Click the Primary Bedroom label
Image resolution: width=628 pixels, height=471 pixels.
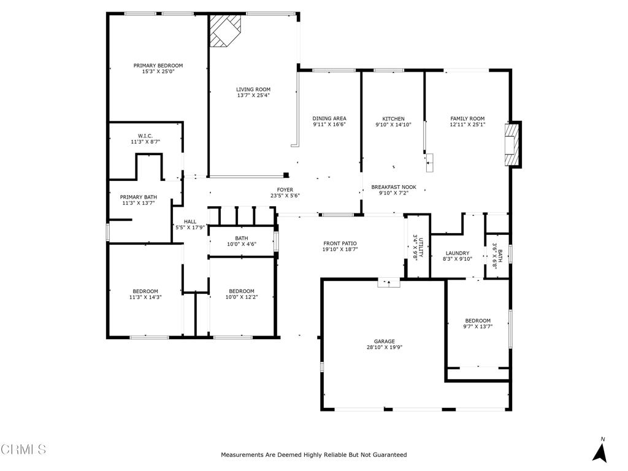(x=158, y=66)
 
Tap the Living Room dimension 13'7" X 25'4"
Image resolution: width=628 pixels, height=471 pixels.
(x=253, y=96)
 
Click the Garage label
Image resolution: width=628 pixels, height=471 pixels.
(x=385, y=342)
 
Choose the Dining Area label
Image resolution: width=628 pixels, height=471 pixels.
(x=329, y=118)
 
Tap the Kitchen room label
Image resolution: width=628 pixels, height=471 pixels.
(x=393, y=118)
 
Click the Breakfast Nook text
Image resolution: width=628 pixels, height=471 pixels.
(x=394, y=187)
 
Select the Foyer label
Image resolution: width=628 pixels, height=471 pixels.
(x=285, y=190)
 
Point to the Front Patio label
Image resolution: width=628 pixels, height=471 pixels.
(x=340, y=243)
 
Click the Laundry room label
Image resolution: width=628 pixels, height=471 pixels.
(x=458, y=253)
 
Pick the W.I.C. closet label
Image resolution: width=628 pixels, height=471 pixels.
(x=145, y=136)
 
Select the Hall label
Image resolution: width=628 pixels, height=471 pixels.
(x=190, y=221)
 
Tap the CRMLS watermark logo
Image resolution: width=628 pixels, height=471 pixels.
(x=23, y=450)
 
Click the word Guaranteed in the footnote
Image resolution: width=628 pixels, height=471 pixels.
(x=387, y=455)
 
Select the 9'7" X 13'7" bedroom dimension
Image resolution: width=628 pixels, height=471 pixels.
(x=478, y=327)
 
